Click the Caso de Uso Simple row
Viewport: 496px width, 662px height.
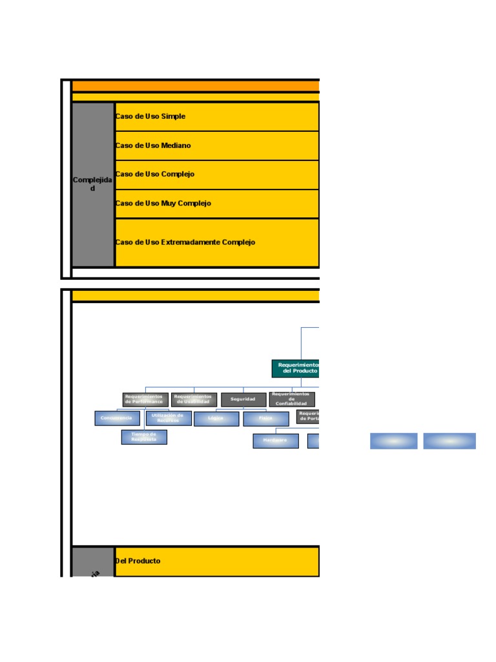216,116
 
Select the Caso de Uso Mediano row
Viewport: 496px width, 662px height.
216,145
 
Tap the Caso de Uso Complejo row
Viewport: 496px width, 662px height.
216,175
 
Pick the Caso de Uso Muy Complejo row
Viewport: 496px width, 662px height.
216,204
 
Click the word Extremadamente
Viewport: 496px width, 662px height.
191,242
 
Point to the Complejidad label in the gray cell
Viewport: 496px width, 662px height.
92,184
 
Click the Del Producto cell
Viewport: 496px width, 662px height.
216,561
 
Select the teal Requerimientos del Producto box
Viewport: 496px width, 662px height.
296,368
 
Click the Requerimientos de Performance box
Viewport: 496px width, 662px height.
145,400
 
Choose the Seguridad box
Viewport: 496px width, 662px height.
243,400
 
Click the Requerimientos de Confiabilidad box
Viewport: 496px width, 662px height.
292,400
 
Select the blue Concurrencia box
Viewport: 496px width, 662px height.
117,418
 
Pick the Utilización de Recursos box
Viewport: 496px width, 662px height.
169,418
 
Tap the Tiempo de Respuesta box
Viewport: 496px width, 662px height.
144,437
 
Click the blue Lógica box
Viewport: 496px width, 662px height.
216,419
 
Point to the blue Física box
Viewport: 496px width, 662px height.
265,419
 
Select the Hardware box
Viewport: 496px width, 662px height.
276,441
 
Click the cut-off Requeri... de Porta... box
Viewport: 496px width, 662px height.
308,416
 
